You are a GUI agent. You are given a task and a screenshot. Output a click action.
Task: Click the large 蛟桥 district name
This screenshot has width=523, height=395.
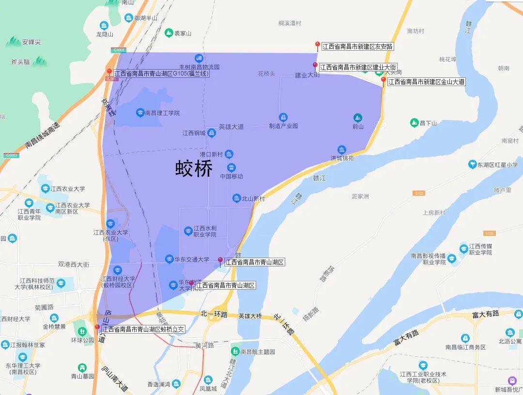click(x=194, y=169)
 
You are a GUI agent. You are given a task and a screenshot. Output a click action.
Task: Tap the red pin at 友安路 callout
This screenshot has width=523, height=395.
click(x=318, y=45)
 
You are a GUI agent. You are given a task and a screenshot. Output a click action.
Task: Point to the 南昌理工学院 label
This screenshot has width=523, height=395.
click(x=162, y=113)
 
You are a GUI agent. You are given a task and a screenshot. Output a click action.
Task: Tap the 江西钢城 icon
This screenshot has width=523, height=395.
click(x=211, y=132)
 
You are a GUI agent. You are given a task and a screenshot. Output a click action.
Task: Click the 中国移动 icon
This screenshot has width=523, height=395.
click(x=231, y=167)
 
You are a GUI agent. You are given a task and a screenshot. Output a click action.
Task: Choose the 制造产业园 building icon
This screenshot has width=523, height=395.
click(x=283, y=117)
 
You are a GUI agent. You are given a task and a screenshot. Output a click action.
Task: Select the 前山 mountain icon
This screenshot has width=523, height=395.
click(x=357, y=117)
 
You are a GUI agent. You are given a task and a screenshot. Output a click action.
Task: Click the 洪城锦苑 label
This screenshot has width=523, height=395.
click(x=342, y=158)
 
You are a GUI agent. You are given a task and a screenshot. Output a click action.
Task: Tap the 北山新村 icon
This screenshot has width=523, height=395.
click(x=236, y=198)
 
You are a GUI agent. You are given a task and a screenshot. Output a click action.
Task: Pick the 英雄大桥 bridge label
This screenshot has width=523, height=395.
click(x=250, y=316)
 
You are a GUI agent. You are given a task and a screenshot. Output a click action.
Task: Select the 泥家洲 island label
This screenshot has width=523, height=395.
click(x=360, y=196)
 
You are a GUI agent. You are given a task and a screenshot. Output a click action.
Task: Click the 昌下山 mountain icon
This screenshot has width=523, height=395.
click(x=414, y=123)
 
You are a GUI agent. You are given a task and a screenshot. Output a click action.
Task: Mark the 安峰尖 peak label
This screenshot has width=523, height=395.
click(x=31, y=42)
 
